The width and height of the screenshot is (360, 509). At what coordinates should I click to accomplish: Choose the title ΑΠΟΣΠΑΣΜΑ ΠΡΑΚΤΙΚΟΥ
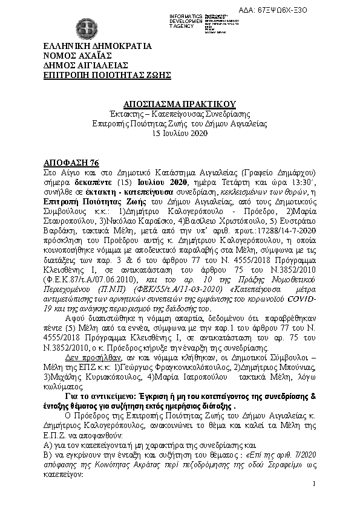coord(180,104)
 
